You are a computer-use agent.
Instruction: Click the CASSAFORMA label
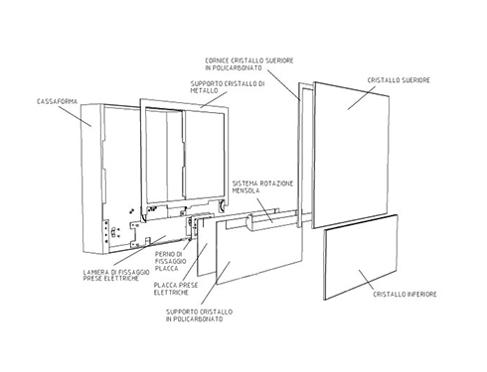tap(57, 101)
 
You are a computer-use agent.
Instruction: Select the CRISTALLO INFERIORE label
tap(405, 294)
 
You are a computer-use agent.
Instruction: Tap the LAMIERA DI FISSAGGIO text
tap(116, 272)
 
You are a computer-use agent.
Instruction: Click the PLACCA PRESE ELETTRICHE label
tap(176, 289)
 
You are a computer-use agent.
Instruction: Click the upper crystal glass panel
tap(351, 156)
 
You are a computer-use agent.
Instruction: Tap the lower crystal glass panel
tap(361, 257)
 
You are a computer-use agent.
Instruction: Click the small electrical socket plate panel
tap(206, 246)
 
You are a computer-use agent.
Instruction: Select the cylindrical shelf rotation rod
tap(271, 220)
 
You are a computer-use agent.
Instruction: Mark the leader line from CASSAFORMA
tap(77, 116)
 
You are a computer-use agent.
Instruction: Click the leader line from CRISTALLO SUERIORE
tap(362, 98)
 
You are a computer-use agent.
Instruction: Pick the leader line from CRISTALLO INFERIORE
tap(372, 280)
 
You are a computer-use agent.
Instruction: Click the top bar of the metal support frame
tap(184, 106)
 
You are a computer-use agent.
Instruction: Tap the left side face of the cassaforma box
tap(91, 179)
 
